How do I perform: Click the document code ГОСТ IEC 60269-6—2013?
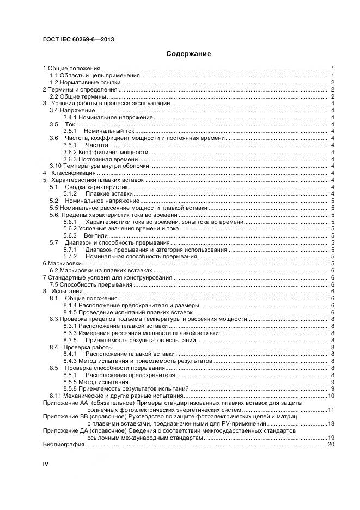78,40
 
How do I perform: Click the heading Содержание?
188,54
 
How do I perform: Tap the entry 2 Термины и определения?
80,89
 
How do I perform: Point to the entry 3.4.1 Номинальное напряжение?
108,117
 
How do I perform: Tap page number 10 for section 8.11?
330,396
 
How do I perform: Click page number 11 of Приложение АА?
330,410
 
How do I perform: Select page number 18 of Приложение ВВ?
330,424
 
